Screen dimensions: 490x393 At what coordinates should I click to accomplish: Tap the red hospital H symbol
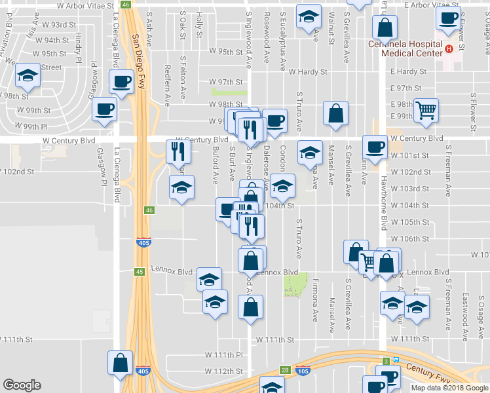tap(449, 48)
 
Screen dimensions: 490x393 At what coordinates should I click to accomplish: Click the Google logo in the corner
tap(22, 385)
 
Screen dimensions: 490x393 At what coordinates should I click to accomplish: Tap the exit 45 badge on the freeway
tap(140, 271)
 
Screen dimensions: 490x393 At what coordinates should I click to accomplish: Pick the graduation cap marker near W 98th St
tap(27, 77)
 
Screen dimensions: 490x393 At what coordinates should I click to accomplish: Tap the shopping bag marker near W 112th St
tap(121, 363)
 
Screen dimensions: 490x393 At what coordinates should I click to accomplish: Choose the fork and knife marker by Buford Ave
tap(178, 151)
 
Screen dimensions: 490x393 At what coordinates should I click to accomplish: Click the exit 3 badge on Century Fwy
tap(386, 361)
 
